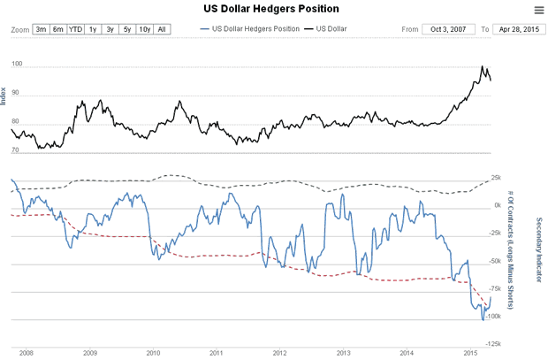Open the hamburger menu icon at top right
pos(539,10)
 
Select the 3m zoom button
pos(41,29)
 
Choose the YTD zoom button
pos(76,29)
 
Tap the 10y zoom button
pos(145,29)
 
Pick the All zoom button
pos(162,29)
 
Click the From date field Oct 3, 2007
pos(448,29)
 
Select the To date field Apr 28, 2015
pos(518,29)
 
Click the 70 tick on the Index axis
pos(16,150)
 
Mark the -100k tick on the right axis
pos(496,316)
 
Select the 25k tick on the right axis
pos(494,178)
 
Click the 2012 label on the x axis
pos(279,352)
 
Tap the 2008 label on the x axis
pos(26,352)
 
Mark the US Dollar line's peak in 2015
pos(483,66)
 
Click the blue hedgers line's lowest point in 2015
pos(483,318)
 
